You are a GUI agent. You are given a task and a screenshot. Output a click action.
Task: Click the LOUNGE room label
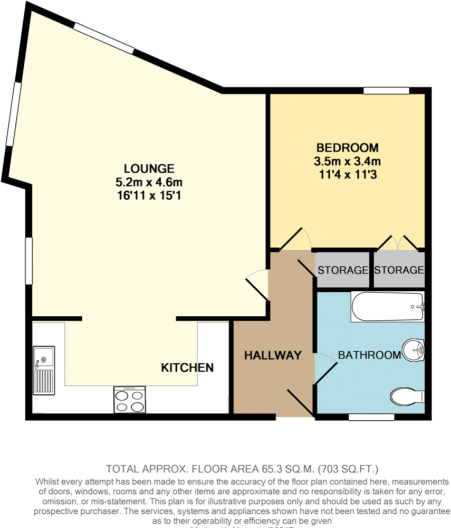(149, 169)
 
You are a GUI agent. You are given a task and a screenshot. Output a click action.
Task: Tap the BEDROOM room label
(347, 147)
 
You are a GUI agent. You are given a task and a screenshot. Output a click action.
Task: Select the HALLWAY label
(273, 355)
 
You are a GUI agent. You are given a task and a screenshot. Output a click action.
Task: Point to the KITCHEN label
(187, 367)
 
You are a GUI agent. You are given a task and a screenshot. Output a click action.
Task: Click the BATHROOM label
(369, 355)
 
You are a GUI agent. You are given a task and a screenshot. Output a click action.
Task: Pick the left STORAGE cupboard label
(342, 270)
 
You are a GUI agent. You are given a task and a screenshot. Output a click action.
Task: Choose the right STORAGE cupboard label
(399, 270)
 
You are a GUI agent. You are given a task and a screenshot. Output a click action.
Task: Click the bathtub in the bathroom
(388, 306)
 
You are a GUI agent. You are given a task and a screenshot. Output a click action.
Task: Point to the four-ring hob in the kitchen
(129, 399)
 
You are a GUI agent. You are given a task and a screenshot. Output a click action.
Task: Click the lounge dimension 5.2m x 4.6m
(149, 183)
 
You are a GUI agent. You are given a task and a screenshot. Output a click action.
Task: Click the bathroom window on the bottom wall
(371, 417)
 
